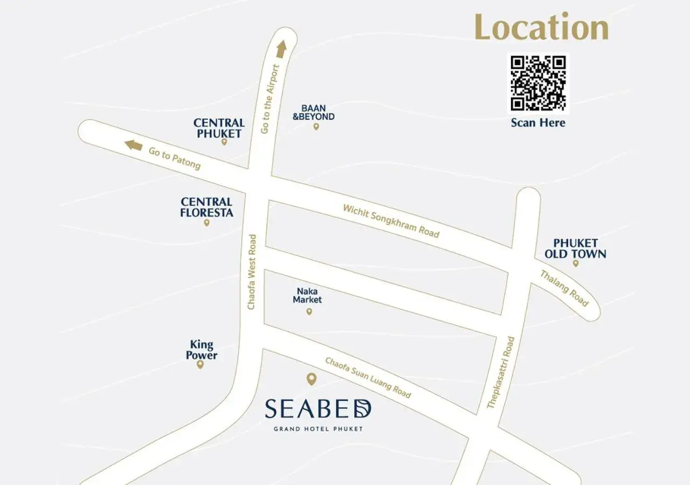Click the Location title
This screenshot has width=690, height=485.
pos(541,28)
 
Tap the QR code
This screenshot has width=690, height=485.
pos(538,83)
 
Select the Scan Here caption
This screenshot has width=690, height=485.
pos(538,123)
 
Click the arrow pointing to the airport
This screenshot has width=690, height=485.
pos(281,49)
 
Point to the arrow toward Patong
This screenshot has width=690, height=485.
pos(133,145)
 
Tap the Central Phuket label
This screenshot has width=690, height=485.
pos(219,128)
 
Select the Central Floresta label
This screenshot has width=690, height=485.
pos(206,207)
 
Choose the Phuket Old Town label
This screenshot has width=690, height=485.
pos(575,248)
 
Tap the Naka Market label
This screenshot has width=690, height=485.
pos(307,295)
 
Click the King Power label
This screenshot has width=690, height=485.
pos(202,350)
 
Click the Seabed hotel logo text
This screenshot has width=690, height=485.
pos(318,410)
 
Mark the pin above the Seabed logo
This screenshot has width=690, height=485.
pos(311,379)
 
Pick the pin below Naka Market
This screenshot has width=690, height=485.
pos(309,311)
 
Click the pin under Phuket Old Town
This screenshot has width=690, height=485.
pos(576,264)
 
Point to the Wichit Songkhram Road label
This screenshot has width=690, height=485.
pos(391,220)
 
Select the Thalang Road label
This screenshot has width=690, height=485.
pos(564,288)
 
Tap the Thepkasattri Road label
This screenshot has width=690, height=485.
pos(501,372)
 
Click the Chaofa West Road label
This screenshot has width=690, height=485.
pos(252,272)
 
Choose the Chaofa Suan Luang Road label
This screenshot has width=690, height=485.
pos(368,377)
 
